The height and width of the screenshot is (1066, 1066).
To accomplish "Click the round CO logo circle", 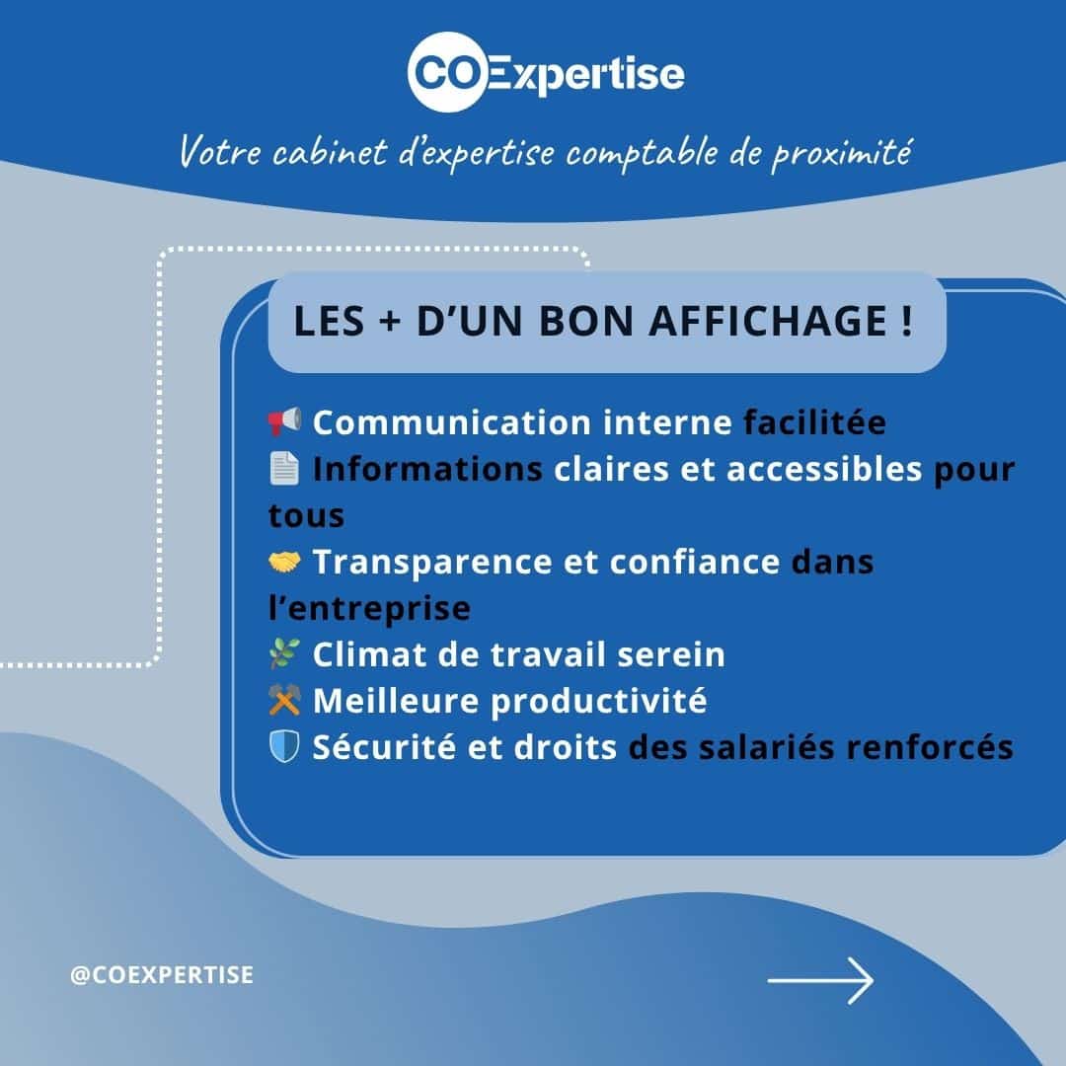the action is click(x=448, y=71).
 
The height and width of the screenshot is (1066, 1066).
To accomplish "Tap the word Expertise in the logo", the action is click(x=586, y=75).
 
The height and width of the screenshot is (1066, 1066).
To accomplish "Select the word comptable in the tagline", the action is click(x=642, y=152).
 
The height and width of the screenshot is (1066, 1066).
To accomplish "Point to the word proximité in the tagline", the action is click(x=841, y=153).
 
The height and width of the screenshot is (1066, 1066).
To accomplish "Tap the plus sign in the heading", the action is click(x=390, y=322).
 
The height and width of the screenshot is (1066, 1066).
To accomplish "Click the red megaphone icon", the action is click(x=284, y=421).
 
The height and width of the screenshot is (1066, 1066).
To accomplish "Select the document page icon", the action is click(x=284, y=468).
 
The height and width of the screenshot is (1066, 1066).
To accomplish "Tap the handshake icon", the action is click(x=284, y=562).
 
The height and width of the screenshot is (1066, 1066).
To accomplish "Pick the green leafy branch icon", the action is click(x=284, y=654).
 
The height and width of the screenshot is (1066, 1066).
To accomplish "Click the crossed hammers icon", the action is click(x=284, y=700).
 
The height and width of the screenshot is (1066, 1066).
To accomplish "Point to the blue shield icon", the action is click(x=284, y=746).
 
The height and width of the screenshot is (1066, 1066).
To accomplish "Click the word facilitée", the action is click(x=814, y=422).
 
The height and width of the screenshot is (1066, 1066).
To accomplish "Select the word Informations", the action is click(x=427, y=469).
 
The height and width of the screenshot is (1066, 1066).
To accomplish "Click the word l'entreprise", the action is click(x=369, y=608).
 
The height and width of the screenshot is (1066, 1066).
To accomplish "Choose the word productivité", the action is click(x=598, y=702).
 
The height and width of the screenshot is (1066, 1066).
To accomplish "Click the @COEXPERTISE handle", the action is click(x=162, y=975).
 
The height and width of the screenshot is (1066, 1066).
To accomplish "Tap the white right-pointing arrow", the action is click(x=820, y=980).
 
